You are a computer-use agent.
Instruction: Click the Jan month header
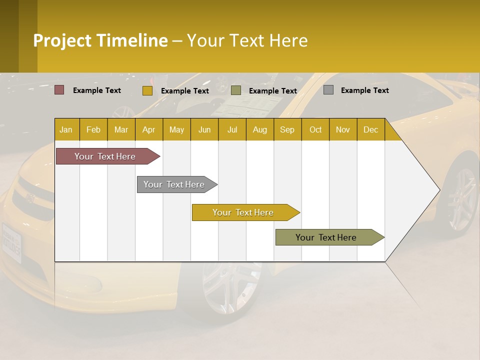click(66, 129)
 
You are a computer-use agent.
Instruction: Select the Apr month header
click(148, 129)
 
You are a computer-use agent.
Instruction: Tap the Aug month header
click(259, 129)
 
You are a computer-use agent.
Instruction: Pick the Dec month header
click(370, 129)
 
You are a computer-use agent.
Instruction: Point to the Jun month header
click(204, 129)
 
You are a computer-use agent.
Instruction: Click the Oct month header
click(315, 129)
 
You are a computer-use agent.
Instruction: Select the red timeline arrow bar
click(105, 156)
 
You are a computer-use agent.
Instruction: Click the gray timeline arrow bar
click(174, 184)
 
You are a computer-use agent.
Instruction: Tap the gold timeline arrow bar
click(243, 212)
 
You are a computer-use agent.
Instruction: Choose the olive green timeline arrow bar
click(326, 237)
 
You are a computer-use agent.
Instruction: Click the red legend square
click(59, 90)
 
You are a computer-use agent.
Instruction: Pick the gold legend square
click(147, 90)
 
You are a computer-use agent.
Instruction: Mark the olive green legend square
click(236, 90)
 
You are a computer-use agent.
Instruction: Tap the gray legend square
click(328, 90)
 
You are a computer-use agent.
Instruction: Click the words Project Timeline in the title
click(100, 40)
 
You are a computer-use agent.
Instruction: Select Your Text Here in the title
click(247, 40)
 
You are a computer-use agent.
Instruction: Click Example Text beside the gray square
click(364, 90)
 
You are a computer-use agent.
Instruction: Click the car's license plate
click(11, 242)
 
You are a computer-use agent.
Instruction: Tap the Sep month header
click(287, 129)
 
